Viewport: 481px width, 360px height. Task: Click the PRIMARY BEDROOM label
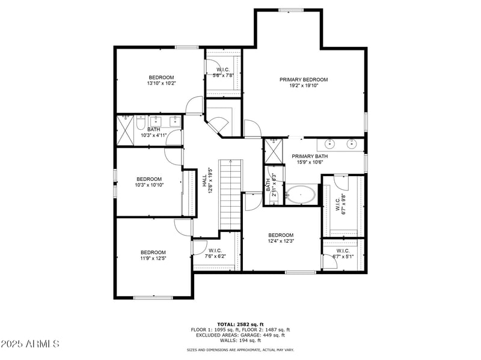pyautogui.click(x=304, y=79)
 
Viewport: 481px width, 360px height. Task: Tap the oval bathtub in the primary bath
pyautogui.click(x=299, y=195)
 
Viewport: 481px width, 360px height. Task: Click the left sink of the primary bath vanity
pyautogui.click(x=329, y=144)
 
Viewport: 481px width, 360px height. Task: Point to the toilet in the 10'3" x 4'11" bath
pyautogui.click(x=139, y=123)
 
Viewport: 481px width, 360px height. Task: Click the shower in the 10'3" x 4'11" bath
pyautogui.click(x=126, y=129)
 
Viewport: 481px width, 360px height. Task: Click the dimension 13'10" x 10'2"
pyautogui.click(x=161, y=84)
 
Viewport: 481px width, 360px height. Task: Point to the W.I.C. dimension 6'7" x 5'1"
pyautogui.click(x=343, y=257)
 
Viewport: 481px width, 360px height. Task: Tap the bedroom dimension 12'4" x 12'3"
pyautogui.click(x=281, y=242)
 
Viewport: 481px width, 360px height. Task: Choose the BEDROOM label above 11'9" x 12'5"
pyautogui.click(x=153, y=252)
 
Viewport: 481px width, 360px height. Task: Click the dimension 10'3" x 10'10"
pyautogui.click(x=149, y=185)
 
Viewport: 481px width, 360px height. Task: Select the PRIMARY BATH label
pyautogui.click(x=310, y=156)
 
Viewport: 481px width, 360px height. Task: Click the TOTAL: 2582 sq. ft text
pyautogui.click(x=240, y=324)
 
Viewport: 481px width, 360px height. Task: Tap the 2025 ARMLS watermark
pyautogui.click(x=29, y=344)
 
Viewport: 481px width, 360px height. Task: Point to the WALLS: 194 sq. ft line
pyautogui.click(x=240, y=340)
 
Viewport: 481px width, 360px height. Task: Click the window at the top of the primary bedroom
pyautogui.click(x=290, y=10)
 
